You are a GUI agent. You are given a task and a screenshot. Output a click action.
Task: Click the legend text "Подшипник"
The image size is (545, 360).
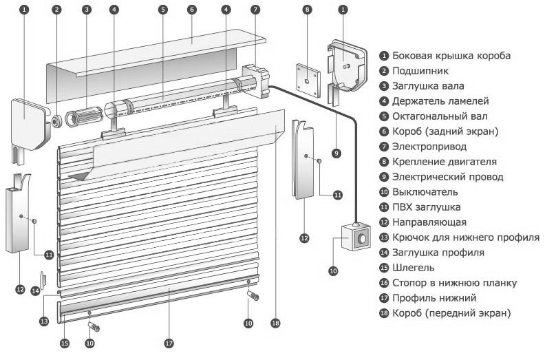[x=419, y=71]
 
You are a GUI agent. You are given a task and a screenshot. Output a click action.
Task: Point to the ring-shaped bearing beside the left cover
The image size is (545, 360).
[x=56, y=121]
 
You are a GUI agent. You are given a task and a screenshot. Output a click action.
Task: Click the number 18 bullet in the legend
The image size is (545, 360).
[x=384, y=313]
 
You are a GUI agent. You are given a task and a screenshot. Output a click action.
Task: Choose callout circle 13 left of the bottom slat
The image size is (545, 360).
[x=44, y=321]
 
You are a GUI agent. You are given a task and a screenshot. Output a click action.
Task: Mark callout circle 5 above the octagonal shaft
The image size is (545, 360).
[x=162, y=10]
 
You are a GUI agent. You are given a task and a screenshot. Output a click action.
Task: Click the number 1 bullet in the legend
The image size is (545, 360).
[x=384, y=56]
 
